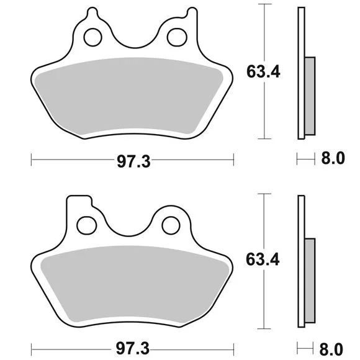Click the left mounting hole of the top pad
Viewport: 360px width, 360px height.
pyautogui.click(x=92, y=37)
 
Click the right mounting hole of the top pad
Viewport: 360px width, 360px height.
pyautogui.click(x=177, y=37)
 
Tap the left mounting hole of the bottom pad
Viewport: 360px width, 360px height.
pyautogui.click(x=86, y=225)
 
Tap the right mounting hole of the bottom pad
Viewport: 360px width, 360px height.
pyautogui.click(x=171, y=225)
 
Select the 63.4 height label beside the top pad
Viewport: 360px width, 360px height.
pyautogui.click(x=263, y=71)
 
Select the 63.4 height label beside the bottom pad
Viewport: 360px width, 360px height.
pyautogui.click(x=263, y=259)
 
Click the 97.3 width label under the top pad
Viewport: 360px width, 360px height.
pyautogui.click(x=133, y=161)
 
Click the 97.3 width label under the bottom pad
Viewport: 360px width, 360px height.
pyautogui.click(x=133, y=348)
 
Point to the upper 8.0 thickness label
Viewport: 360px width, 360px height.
pyautogui.click(x=333, y=158)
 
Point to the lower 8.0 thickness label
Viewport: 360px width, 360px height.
pyautogui.click(x=331, y=349)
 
